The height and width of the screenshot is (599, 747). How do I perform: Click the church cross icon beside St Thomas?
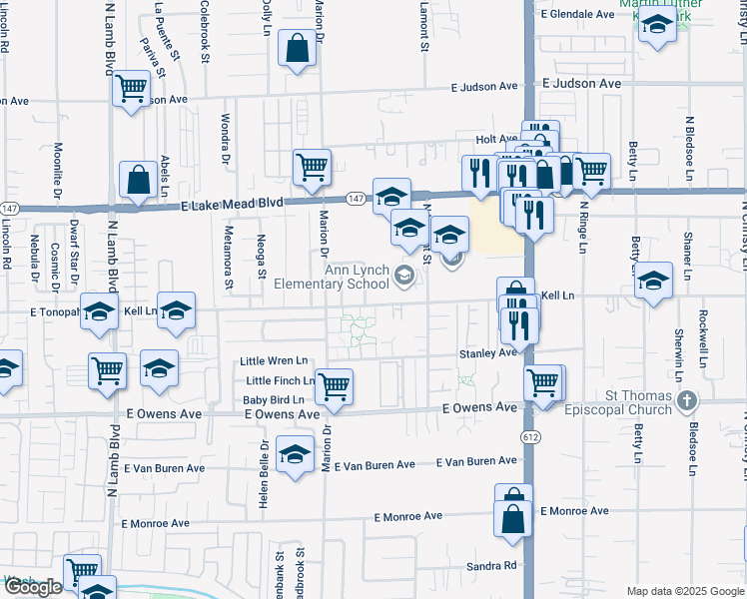click(685, 401)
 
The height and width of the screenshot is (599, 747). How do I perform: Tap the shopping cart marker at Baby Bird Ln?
click(333, 385)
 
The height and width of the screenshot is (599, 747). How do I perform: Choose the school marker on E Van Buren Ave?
click(295, 454)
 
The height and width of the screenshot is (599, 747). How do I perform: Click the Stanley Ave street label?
click(487, 352)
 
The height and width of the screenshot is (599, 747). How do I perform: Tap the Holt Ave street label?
click(495, 140)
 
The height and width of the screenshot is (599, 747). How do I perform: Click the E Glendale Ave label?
click(577, 14)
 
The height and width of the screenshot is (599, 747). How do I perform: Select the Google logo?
click(33, 587)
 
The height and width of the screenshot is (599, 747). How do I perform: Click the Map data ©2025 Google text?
click(685, 591)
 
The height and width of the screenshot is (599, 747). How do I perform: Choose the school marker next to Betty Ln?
click(654, 280)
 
